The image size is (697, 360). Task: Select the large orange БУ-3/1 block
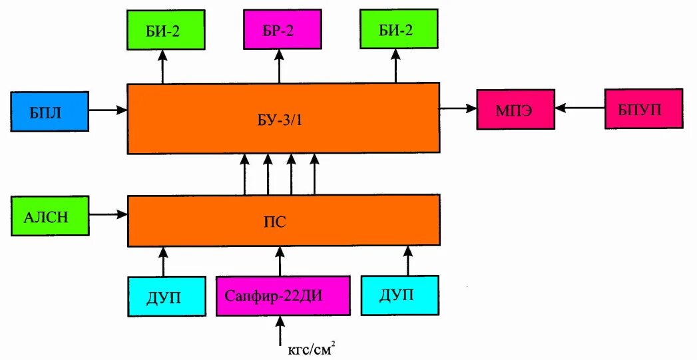click(x=283, y=118)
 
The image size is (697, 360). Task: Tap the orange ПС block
click(x=283, y=220)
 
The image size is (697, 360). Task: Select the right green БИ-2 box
click(x=397, y=29)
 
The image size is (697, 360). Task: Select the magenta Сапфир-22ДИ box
click(x=283, y=295)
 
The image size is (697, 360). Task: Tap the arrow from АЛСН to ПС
click(x=107, y=214)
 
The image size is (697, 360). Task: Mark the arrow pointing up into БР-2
click(x=280, y=67)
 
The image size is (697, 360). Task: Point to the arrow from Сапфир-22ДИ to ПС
click(x=280, y=261)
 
